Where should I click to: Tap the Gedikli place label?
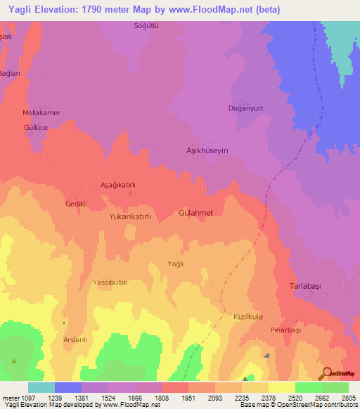[75, 204]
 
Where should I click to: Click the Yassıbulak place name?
[110, 282]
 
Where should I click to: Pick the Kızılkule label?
[247, 317]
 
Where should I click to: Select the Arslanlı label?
[75, 340]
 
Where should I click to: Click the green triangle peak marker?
[14, 361]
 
